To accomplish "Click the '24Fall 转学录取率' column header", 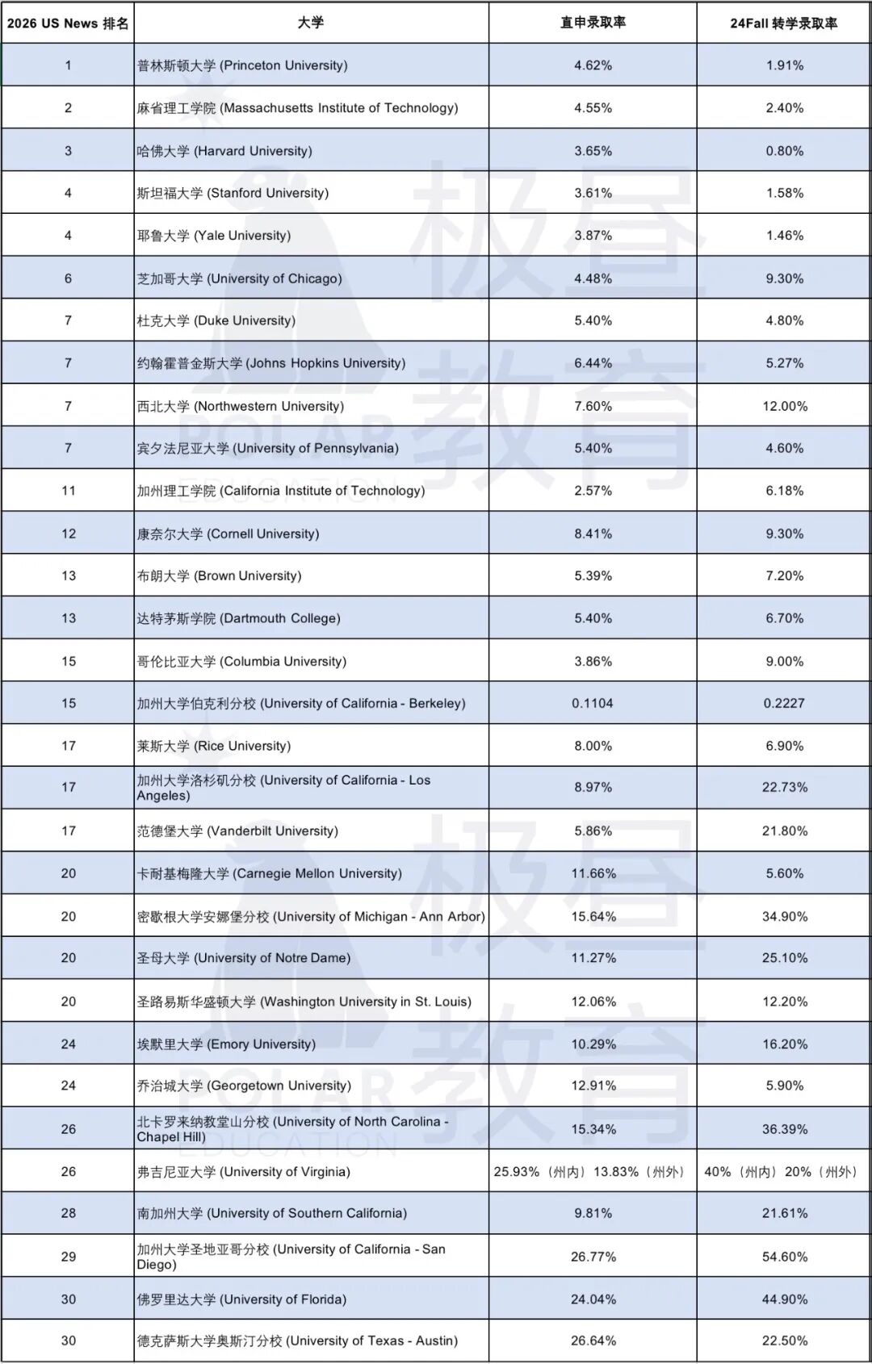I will [783, 23].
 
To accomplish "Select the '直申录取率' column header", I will [593, 23].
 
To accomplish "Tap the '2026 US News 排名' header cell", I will [68, 23].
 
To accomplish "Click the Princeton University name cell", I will [242, 65].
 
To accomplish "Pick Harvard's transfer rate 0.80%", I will [785, 151].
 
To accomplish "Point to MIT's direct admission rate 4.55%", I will [593, 108].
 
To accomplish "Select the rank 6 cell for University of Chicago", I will [68, 278].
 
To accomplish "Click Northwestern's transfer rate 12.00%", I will [785, 406].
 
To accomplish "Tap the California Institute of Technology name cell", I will [281, 491].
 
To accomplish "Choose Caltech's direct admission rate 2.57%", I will [593, 491].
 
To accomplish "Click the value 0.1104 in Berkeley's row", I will [593, 703].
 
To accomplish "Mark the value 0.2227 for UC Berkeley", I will [785, 703].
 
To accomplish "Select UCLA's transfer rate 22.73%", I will [785, 787].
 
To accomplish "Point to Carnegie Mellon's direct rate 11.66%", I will [593, 873].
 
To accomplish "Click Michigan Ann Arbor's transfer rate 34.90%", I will [785, 916].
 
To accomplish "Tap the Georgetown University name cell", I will [244, 1086].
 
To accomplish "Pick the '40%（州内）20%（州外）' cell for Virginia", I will [782, 1171].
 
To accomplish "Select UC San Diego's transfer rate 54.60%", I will [785, 1257].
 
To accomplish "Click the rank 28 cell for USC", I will [68, 1213].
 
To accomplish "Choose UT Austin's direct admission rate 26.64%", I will [593, 1341].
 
